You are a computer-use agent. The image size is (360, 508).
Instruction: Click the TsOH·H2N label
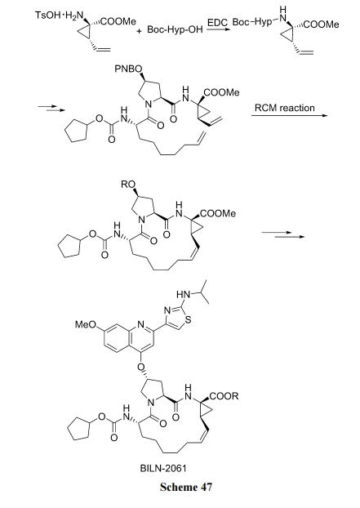[x=59, y=16]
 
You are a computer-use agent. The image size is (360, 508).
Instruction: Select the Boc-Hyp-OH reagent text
[x=175, y=29]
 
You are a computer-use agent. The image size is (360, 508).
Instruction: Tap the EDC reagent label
[x=218, y=23]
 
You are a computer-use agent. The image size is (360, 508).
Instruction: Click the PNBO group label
[x=128, y=69]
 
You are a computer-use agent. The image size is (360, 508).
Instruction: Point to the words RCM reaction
[x=285, y=108]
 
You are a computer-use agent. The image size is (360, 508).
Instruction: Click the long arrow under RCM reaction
[x=290, y=115]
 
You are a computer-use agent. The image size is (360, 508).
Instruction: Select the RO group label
[x=128, y=185]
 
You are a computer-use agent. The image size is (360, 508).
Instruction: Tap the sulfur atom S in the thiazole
[x=188, y=321]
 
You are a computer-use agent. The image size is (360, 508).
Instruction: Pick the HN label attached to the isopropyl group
[x=183, y=295]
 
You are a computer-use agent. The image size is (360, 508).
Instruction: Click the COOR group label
[x=224, y=396]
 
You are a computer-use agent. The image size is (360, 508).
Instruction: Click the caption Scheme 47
[x=186, y=488]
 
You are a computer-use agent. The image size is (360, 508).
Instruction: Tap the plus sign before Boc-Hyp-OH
[x=140, y=31]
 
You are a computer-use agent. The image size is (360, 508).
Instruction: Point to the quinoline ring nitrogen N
[x=140, y=324]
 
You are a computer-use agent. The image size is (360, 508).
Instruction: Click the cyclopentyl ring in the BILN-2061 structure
[x=78, y=430]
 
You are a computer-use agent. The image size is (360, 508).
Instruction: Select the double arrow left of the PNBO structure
[x=51, y=108]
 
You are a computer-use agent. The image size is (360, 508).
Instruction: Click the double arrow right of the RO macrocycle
[x=282, y=234]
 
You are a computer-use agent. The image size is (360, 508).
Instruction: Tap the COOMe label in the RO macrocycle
[x=218, y=214]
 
